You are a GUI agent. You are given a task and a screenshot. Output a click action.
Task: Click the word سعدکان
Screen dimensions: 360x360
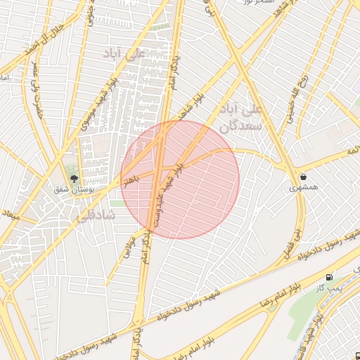[x=240, y=127]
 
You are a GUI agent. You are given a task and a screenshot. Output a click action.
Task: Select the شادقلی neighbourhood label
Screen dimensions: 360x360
[x=98, y=218]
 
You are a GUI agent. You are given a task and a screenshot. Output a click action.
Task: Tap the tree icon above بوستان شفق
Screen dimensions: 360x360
[x=73, y=178]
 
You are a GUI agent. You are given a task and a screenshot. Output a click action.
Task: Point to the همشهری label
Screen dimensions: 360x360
[x=303, y=188]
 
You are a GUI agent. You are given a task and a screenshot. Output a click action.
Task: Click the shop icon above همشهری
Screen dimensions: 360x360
[x=303, y=176]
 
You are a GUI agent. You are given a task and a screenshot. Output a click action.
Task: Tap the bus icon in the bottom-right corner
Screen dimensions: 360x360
[x=356, y=356]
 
